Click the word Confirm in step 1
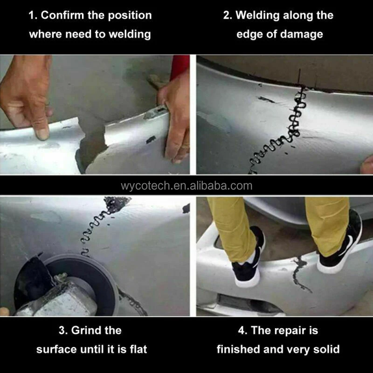62,15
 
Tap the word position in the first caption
130,16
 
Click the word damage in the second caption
301,35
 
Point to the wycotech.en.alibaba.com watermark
186,186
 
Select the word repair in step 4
289,331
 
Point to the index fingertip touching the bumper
42,134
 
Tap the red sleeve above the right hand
180,67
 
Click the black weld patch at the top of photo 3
117,203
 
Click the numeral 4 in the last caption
241,331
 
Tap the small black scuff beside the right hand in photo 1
151,139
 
